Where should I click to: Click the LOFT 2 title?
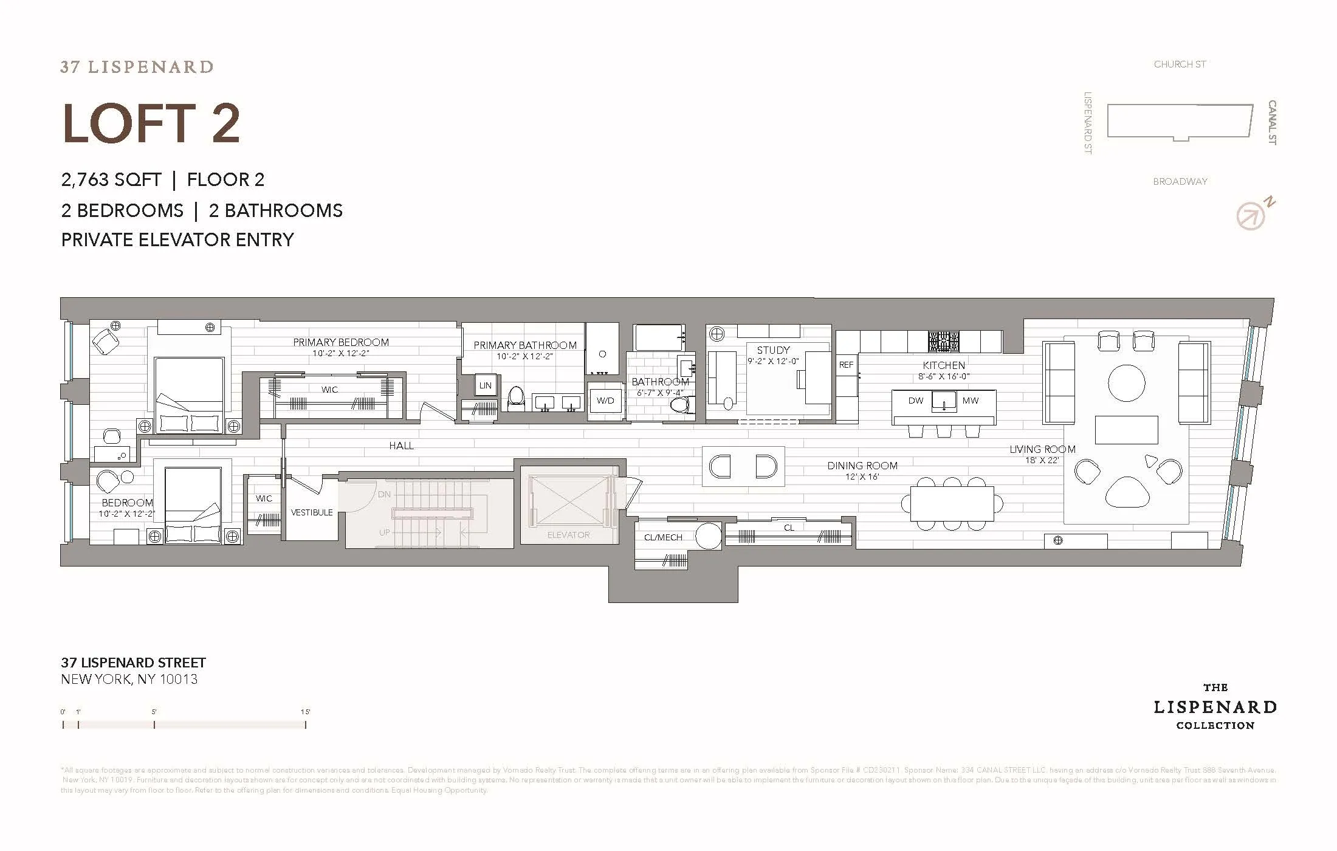click(151, 124)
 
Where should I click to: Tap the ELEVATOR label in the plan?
click(568, 535)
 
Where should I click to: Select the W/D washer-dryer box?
click(605, 401)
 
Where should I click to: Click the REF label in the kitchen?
click(846, 365)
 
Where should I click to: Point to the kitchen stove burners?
click(943, 341)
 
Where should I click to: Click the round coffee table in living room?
click(1126, 383)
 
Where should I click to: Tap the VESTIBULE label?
click(312, 512)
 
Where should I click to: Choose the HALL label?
click(401, 446)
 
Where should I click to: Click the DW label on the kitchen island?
click(915, 401)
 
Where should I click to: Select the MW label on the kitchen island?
click(970, 401)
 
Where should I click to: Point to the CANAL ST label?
click(1271, 122)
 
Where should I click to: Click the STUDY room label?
click(773, 350)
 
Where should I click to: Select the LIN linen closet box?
click(485, 385)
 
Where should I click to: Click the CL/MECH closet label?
click(663, 537)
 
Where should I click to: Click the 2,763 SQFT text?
click(111, 180)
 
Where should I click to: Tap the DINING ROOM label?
click(862, 466)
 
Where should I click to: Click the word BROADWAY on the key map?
click(1180, 181)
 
